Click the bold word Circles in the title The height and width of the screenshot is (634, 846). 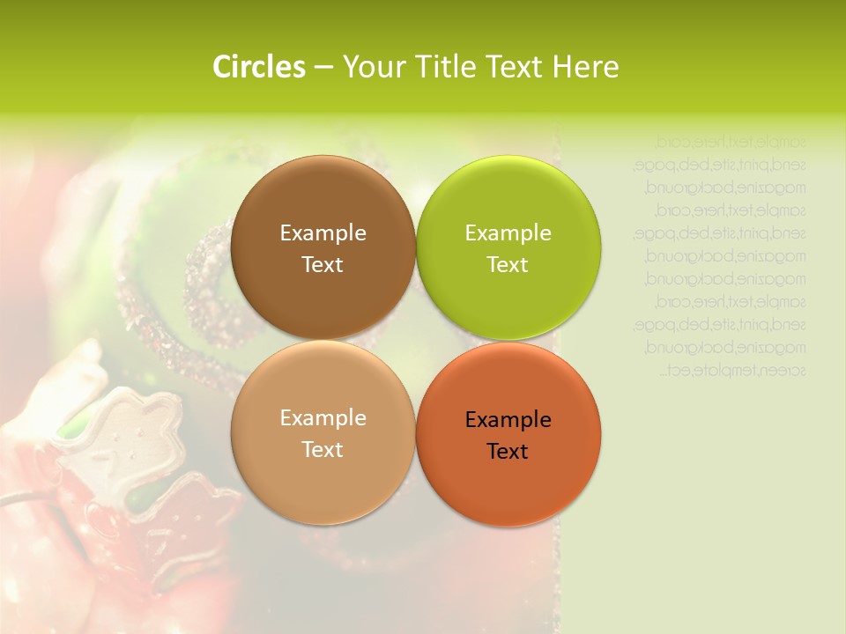tap(259, 67)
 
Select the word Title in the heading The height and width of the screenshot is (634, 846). tap(442, 67)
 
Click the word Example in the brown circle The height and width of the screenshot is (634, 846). tap(323, 233)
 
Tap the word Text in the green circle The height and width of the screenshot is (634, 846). tap(508, 265)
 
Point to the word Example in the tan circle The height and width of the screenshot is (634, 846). tap(323, 418)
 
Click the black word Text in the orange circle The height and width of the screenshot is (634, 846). tap(508, 452)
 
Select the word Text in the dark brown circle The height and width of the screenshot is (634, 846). tap(323, 265)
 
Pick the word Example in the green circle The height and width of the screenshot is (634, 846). tap(508, 233)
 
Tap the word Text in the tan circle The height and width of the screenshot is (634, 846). tap(323, 450)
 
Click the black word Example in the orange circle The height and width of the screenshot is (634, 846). tap(508, 420)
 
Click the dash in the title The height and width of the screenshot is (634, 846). tap(323, 68)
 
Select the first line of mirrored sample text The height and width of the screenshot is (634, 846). tap(731, 141)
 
